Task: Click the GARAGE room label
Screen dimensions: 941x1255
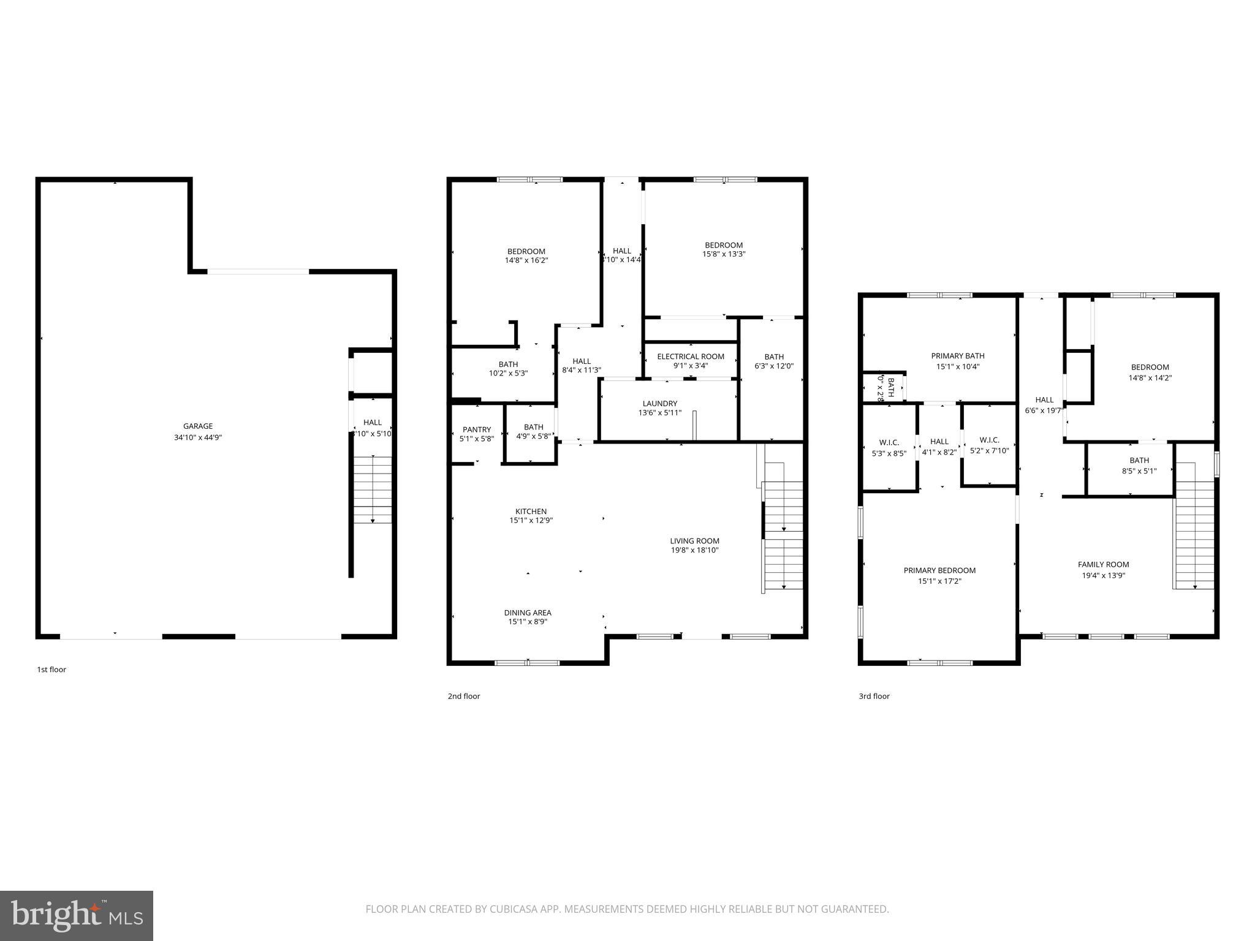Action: (x=198, y=426)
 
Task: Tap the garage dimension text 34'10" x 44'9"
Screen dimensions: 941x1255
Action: (x=198, y=437)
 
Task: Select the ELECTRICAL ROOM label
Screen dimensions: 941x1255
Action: (x=691, y=357)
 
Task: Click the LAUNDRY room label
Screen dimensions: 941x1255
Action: (x=660, y=404)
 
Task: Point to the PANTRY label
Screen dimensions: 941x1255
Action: (x=477, y=429)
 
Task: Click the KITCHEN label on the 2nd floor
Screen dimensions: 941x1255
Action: (x=531, y=512)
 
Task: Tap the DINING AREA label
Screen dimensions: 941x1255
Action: (x=528, y=613)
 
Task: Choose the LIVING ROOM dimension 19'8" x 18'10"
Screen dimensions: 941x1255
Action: (x=694, y=550)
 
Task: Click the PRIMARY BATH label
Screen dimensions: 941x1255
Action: (x=958, y=356)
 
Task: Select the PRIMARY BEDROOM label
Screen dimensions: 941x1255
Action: (x=939, y=570)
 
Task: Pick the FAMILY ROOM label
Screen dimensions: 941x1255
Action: (x=1103, y=565)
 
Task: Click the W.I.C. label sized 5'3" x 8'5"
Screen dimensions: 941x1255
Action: (x=889, y=442)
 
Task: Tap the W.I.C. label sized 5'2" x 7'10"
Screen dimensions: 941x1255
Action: (x=989, y=440)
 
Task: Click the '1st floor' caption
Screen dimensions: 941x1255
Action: (x=51, y=670)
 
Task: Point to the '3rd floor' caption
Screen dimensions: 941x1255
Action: (x=874, y=696)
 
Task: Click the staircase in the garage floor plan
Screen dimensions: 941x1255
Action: (x=373, y=490)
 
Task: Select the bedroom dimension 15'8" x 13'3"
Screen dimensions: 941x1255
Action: (x=724, y=254)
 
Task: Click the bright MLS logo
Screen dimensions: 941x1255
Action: (x=77, y=916)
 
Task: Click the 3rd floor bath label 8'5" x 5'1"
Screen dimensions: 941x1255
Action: (x=1139, y=471)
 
